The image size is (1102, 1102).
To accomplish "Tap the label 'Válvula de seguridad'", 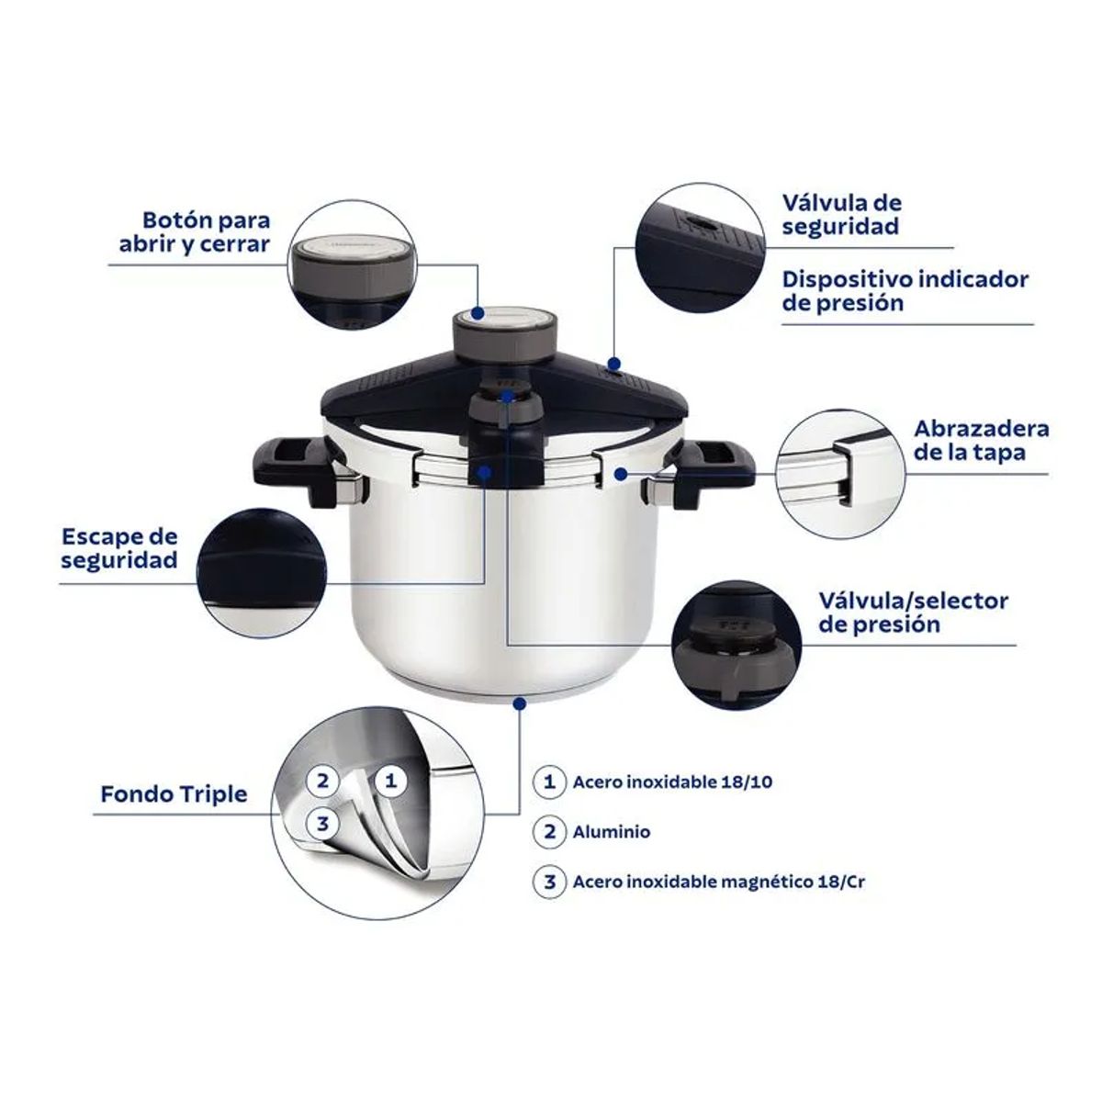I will tap(841, 214).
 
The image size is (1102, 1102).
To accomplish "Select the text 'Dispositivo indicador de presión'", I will tap(905, 290).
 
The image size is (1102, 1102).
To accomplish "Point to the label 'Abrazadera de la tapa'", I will tap(981, 441).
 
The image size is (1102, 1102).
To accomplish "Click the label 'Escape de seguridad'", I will tap(119, 548).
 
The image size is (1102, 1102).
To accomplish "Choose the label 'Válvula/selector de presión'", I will tap(913, 613).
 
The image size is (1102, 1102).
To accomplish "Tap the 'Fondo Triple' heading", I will tap(174, 793).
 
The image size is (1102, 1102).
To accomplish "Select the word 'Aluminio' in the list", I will tap(611, 832).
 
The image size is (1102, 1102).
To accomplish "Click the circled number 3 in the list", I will tap(549, 883).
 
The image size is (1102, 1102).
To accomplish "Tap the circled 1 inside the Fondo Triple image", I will tap(390, 782).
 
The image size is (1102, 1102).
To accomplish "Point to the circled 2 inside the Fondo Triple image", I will tap(322, 782).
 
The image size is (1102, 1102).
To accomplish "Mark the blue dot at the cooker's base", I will tap(521, 703).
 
